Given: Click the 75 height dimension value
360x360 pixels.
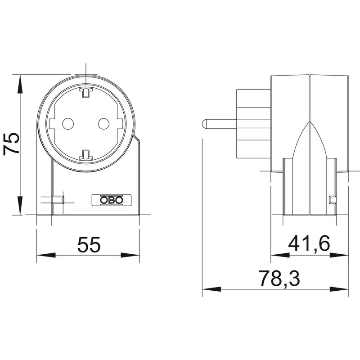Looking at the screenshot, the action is click(11, 143).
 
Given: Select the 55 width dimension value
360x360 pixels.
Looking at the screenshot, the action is click(89, 244).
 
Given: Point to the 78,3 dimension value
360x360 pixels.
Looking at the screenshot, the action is click(279, 278).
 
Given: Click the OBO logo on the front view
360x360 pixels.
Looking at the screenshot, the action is click(112, 200).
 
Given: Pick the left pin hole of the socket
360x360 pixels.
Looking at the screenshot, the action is click(68, 123).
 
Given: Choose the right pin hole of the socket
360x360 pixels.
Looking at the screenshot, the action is click(104, 123).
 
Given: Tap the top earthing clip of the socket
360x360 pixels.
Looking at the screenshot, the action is click(86, 92).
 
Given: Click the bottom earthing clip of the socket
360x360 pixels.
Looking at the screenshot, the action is click(86, 155).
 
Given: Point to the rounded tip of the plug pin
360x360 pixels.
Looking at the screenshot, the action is click(203, 123).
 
